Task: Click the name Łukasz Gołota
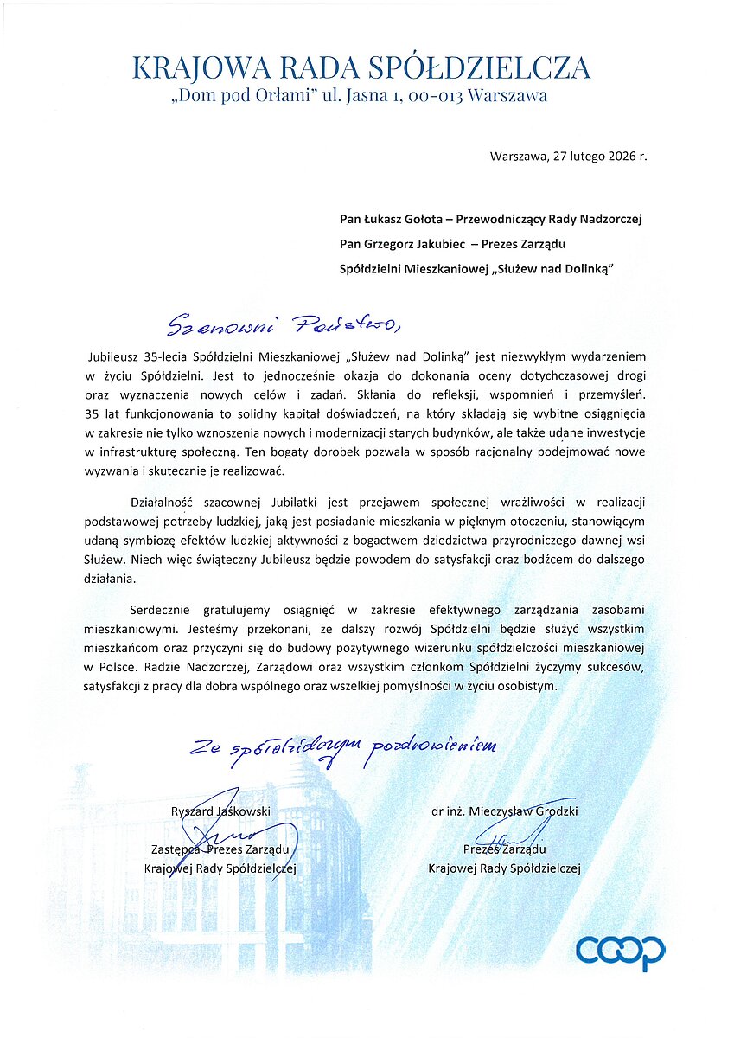pyautogui.click(x=408, y=220)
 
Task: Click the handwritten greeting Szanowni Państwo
pyautogui.click(x=282, y=324)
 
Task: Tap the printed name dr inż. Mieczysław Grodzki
pyautogui.click(x=504, y=811)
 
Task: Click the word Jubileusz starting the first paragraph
pyautogui.click(x=117, y=356)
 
